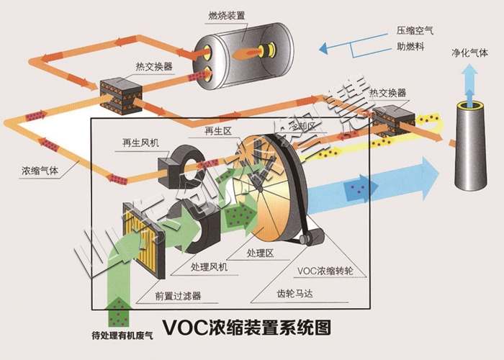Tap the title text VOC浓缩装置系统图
pyautogui.click(x=247, y=327)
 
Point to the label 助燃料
pyautogui.click(x=410, y=48)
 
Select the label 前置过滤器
pyautogui.click(x=177, y=294)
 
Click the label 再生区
pyautogui.click(x=217, y=131)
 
